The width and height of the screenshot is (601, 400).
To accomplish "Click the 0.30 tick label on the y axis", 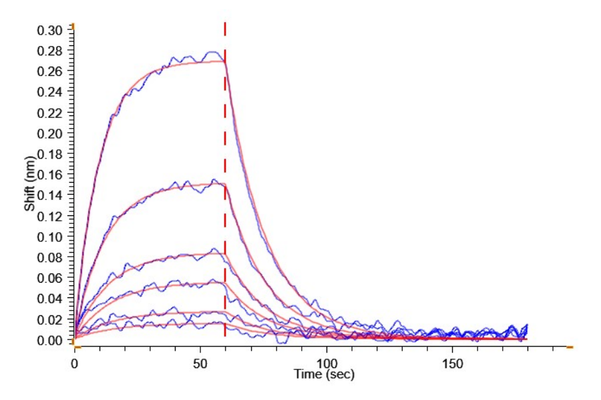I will click(x=52, y=30).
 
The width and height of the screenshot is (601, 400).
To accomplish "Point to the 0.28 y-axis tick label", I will click(x=52, y=51).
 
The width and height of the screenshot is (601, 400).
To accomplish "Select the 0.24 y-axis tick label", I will click(x=52, y=92).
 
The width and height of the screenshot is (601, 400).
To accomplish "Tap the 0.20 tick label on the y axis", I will click(x=52, y=133).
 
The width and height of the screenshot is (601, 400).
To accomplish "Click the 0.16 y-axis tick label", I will click(x=52, y=175).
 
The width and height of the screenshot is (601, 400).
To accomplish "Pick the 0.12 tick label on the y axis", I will click(x=52, y=216).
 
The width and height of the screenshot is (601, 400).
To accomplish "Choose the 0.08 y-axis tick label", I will click(x=52, y=257).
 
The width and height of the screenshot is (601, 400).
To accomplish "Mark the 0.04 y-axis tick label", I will click(x=52, y=299).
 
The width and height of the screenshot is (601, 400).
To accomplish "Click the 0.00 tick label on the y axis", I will click(x=52, y=340).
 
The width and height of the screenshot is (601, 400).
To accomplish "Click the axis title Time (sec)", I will click(x=325, y=375).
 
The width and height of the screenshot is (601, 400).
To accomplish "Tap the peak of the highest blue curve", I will click(x=214, y=52).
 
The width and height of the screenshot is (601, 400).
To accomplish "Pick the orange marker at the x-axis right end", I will click(x=570, y=347).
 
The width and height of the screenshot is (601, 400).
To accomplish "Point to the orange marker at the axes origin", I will click(x=75, y=347).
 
